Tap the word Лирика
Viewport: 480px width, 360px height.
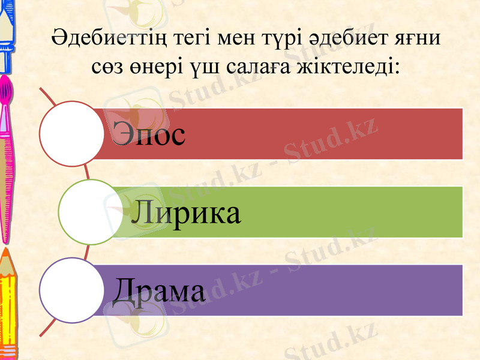click(186, 212)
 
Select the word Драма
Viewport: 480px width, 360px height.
click(158, 290)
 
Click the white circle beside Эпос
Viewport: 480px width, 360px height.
click(71, 133)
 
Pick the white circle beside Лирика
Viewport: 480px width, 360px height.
click(89, 212)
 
